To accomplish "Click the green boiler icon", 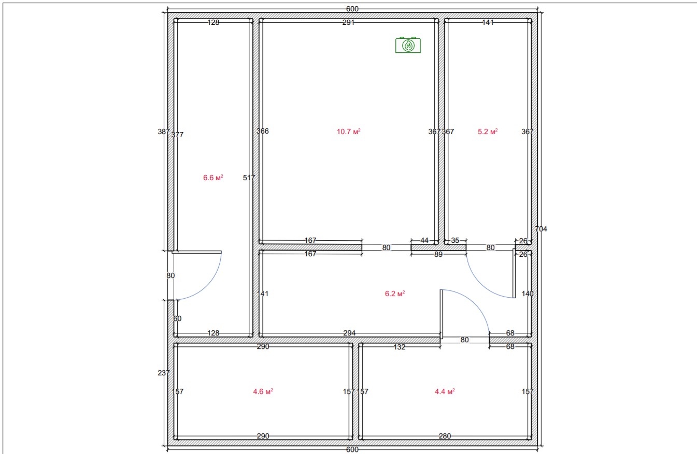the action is (408, 45).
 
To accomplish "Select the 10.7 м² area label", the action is (348, 131).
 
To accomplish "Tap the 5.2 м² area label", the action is (488, 131).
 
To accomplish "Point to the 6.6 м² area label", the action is (213, 178).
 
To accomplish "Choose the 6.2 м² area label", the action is (395, 294).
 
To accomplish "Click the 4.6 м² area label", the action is (263, 391).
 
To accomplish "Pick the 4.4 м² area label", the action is (445, 391).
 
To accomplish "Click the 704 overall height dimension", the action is (541, 229).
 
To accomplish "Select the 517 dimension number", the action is (249, 178).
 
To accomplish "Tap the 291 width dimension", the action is (348, 22).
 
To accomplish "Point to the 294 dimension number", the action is (349, 333).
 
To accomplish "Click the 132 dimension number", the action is (400, 347).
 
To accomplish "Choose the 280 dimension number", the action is (445, 436).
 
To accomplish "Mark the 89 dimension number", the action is (438, 254).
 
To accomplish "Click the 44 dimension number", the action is (424, 240).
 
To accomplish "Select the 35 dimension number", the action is (455, 240).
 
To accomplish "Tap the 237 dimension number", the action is (164, 373).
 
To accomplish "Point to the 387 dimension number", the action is (164, 131).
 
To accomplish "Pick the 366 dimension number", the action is (263, 131).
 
